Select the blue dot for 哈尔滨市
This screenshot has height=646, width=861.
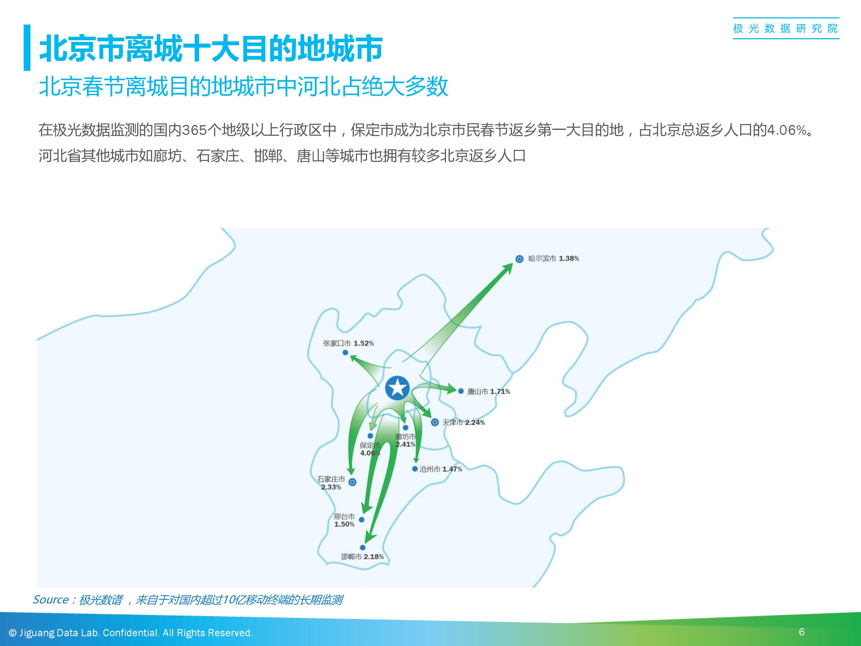(519, 259)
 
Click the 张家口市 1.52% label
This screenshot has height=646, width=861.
(348, 343)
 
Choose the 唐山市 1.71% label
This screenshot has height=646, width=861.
(488, 391)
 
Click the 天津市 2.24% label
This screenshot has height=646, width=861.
(463, 423)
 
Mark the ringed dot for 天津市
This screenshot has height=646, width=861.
(435, 422)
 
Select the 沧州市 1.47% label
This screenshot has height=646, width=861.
(441, 469)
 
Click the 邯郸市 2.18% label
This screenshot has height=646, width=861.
(362, 557)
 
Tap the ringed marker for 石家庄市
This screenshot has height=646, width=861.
(352, 482)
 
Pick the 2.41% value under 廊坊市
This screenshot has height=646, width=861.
(406, 444)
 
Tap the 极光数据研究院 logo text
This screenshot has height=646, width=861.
(786, 28)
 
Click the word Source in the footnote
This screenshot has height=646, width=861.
(51, 600)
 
